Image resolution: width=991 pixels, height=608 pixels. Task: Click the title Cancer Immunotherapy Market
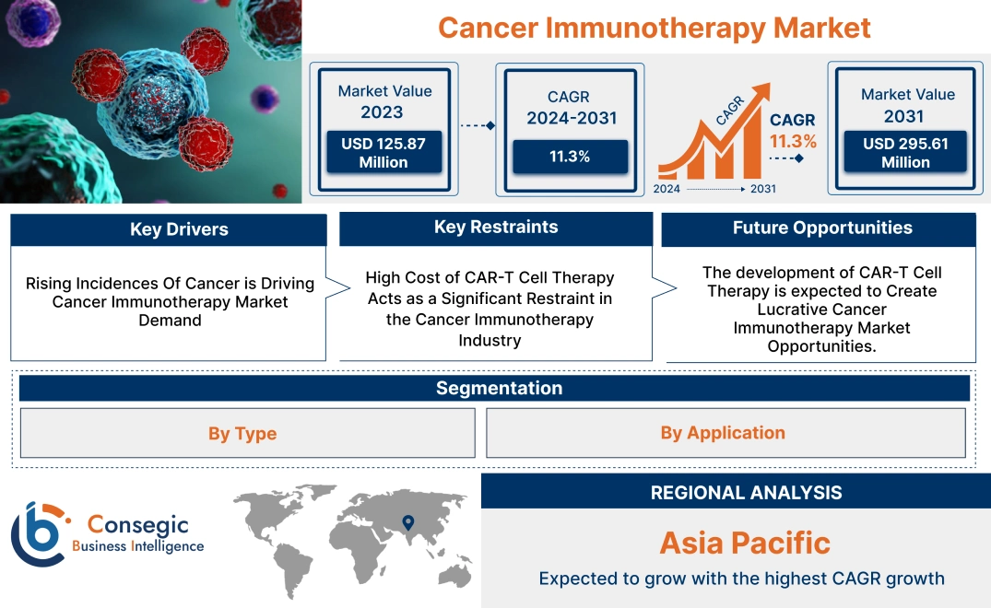pos(654,27)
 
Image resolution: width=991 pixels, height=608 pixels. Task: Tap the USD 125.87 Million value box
pos(383,152)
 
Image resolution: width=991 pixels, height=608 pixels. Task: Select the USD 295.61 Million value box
pos(905,152)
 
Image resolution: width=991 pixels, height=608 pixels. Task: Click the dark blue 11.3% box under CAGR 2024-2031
pos(570,157)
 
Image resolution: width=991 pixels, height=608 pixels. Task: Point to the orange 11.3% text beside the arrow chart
pos(793,142)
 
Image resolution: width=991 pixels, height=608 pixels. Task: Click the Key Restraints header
pos(496,228)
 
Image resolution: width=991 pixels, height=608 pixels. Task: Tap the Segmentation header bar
pos(499,388)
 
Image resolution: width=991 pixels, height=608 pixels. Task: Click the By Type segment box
pos(242,434)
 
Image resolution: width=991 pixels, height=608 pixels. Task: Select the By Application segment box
pos(723,433)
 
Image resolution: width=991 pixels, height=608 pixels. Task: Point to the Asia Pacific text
pos(745,543)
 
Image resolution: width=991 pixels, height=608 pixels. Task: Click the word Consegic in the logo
pos(137,525)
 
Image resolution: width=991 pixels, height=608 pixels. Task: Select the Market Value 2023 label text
pos(383,101)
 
